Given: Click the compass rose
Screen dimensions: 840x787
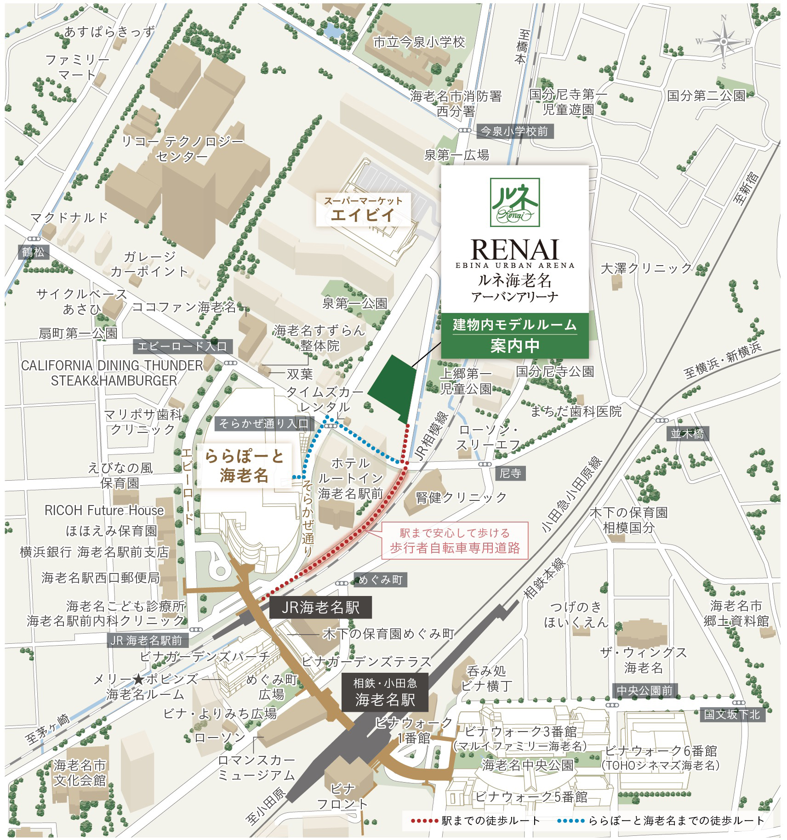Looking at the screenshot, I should tap(723, 42).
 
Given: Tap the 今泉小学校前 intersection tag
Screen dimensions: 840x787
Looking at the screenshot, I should tap(514, 132).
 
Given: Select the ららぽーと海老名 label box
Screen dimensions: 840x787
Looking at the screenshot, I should tap(244, 465).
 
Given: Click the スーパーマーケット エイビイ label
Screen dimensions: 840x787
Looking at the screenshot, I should tap(363, 210).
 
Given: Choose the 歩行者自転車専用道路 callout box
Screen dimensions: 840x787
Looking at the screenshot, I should tap(454, 540).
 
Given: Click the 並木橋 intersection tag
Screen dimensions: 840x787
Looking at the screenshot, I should tap(687, 433).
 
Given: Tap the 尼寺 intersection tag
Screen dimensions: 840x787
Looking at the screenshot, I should tap(510, 473).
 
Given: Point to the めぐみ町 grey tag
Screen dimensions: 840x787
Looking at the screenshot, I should tap(380, 580).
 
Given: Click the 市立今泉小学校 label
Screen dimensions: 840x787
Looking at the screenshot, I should tap(419, 43).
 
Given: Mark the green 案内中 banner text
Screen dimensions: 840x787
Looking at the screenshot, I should tap(514, 346).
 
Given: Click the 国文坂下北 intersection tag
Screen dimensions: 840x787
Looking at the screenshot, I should tap(732, 715).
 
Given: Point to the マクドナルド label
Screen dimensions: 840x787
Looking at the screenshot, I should tap(69, 217).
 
